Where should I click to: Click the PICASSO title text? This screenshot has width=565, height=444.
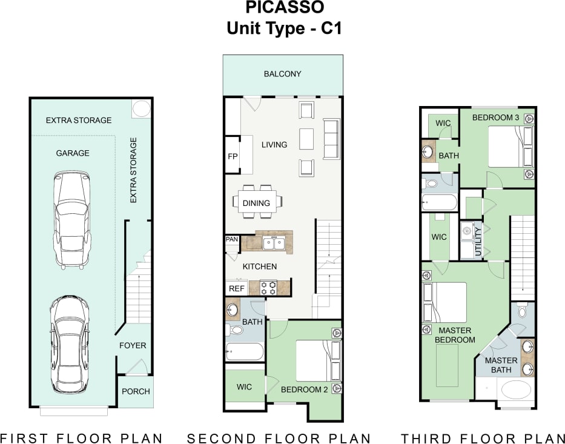pyautogui.click(x=284, y=8)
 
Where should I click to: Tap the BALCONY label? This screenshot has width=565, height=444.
pyautogui.click(x=282, y=74)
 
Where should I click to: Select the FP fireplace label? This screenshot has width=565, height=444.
pyautogui.click(x=233, y=156)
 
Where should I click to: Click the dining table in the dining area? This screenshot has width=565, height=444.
pyautogui.click(x=256, y=202)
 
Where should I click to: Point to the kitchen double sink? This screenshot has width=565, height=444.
pyautogui.click(x=273, y=244)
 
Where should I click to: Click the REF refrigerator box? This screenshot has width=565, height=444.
pyautogui.click(x=236, y=288)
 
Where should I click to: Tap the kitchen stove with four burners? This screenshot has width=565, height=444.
pyautogui.click(x=268, y=287)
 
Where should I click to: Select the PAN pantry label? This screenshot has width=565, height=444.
pyautogui.click(x=232, y=240)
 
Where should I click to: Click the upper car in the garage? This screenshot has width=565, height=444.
pyautogui.click(x=71, y=219)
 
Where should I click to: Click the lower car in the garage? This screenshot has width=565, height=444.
pyautogui.click(x=70, y=343)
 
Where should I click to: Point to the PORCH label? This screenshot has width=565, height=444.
pyautogui.click(x=136, y=391)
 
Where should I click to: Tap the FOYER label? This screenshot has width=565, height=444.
pyautogui.click(x=133, y=345)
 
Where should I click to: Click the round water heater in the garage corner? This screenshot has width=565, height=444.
pyautogui.click(x=141, y=109)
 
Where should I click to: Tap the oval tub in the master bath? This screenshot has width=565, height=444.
pyautogui.click(x=516, y=389)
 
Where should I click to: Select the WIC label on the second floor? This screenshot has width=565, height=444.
pyautogui.click(x=245, y=387)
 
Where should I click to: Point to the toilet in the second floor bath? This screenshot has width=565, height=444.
pyautogui.click(x=234, y=331)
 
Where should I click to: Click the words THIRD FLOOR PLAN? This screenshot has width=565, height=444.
pyautogui.click(x=483, y=438)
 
